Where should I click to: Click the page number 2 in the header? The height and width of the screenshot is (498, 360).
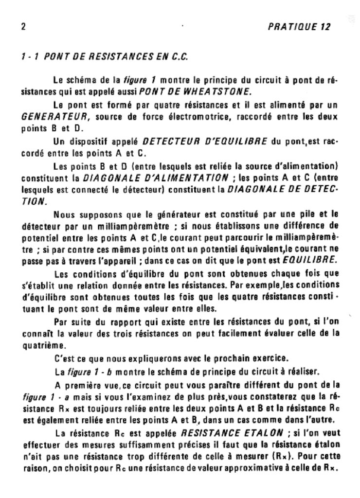tap(23, 27)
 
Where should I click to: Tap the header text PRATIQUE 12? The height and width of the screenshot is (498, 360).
tap(299, 27)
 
